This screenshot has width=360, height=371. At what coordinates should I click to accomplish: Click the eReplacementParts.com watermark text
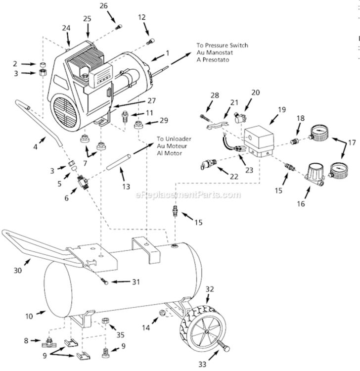[x=188, y=195]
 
